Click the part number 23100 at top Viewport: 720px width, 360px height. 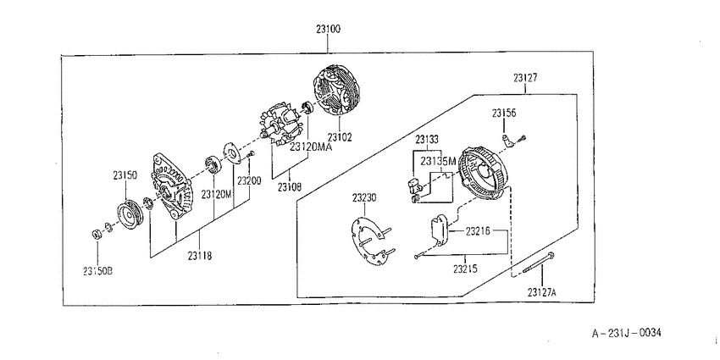click(x=328, y=30)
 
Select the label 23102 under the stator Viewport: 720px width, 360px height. click(x=340, y=137)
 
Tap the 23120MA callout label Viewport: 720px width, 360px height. click(x=310, y=147)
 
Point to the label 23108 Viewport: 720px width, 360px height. click(x=290, y=187)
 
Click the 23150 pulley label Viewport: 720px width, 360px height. click(x=125, y=175)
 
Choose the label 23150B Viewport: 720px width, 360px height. click(x=97, y=271)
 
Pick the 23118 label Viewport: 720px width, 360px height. click(x=199, y=256)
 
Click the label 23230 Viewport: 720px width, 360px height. click(x=364, y=198)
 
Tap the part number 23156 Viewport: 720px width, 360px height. click(x=504, y=114)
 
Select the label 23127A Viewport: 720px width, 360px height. click(x=541, y=292)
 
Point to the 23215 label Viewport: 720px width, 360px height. click(x=465, y=269)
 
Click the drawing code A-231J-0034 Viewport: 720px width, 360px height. click(x=626, y=332)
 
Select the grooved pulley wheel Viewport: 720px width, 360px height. click(x=130, y=214)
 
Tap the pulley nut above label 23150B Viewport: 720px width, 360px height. click(x=97, y=234)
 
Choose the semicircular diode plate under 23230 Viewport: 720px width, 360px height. click(x=369, y=241)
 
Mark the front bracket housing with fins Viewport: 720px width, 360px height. click(x=173, y=187)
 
